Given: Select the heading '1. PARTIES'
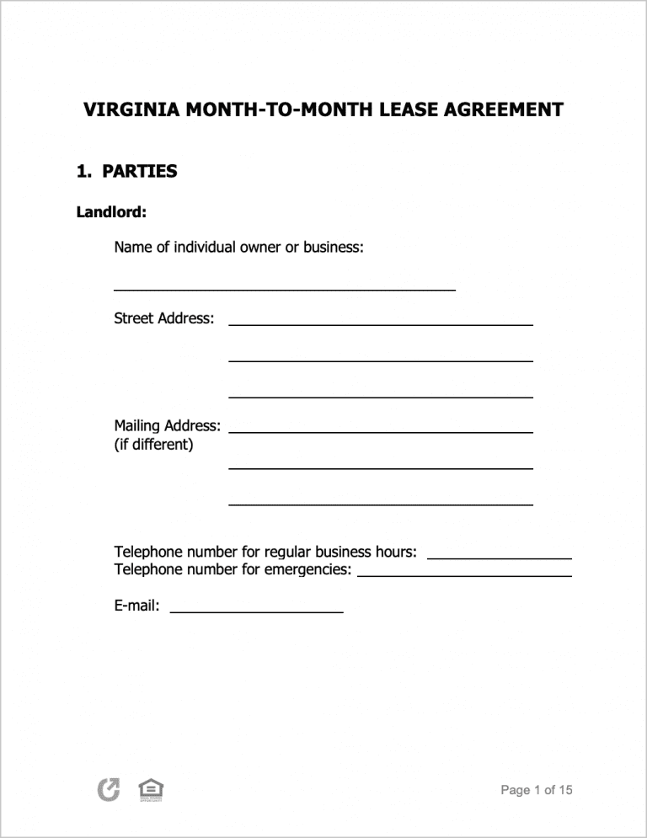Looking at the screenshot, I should click(x=126, y=172).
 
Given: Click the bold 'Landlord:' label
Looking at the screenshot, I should click(x=111, y=212).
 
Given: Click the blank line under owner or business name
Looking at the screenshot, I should click(x=284, y=287).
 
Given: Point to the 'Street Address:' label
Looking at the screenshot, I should click(x=163, y=318).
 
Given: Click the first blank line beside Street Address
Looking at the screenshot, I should click(x=380, y=322).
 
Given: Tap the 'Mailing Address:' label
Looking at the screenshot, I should click(x=167, y=426).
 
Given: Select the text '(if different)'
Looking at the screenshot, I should click(x=153, y=445).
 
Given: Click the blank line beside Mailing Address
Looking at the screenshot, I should click(x=380, y=430).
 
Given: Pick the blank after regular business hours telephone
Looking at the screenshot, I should click(x=500, y=556).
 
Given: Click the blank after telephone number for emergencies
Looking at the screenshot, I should click(x=464, y=574).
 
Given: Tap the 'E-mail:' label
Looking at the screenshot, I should click(x=136, y=606).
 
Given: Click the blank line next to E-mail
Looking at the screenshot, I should click(x=256, y=609).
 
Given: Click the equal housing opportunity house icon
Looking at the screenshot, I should click(x=151, y=790).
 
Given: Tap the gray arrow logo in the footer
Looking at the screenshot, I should click(x=109, y=790).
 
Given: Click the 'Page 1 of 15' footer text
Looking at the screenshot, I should click(x=536, y=790).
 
